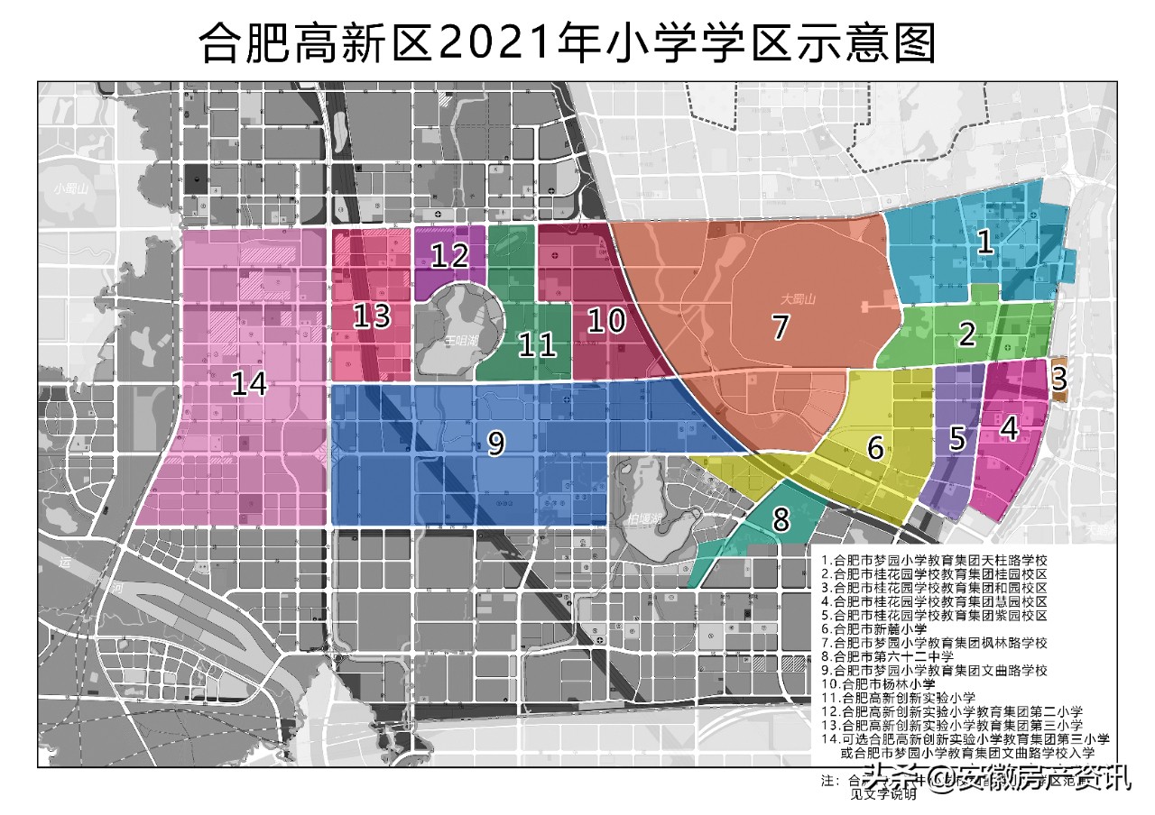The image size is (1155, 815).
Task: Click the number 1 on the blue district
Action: pos(985,242)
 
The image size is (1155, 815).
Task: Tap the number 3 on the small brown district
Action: pos(1059,379)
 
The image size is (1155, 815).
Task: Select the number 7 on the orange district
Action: pos(781,326)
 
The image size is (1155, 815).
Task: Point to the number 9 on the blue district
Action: pos(494,443)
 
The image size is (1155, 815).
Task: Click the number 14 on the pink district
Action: pos(249,384)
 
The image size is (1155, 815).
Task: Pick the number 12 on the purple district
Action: pos(448,256)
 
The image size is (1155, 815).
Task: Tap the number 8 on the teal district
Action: pos(781,519)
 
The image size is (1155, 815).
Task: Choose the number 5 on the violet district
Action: pos(957,439)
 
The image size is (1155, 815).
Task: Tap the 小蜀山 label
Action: pos(69,189)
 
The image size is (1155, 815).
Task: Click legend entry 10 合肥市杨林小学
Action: pos(874,684)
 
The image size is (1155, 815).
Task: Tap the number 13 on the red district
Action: pos(371,316)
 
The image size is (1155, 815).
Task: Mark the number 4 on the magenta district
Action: pos(1010,429)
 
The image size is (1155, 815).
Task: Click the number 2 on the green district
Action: pos(967,335)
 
